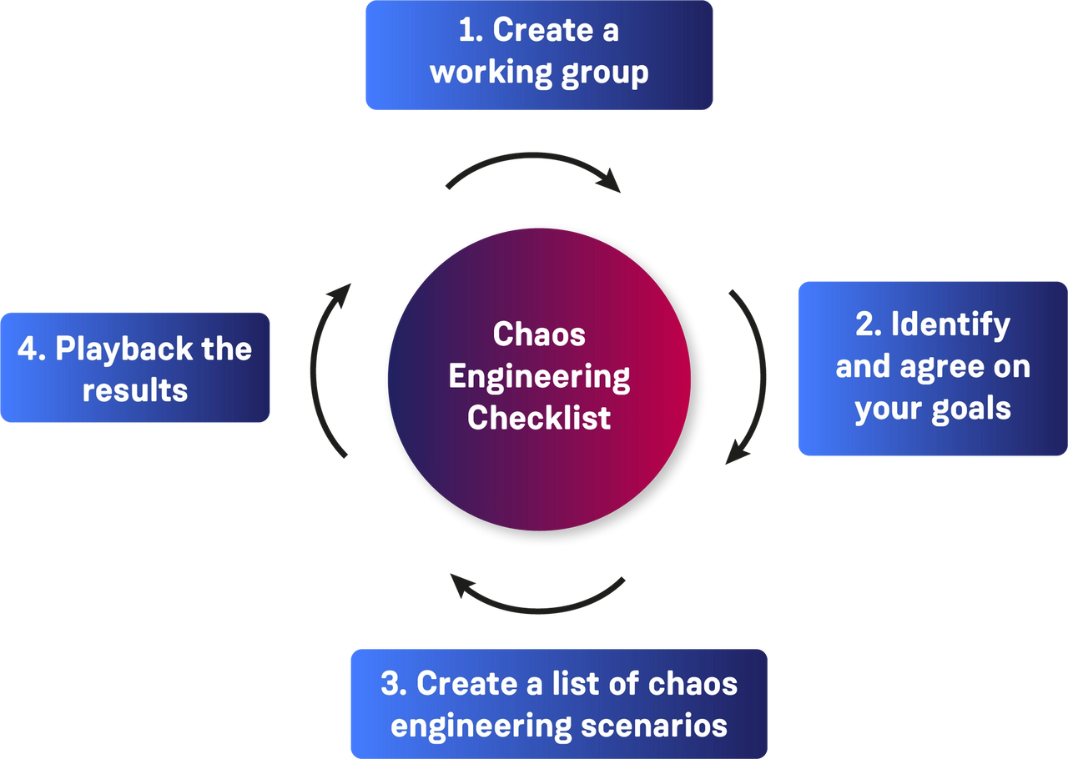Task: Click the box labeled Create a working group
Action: pos(539,56)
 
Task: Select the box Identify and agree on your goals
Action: pos(931,368)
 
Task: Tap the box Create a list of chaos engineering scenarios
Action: pos(559,702)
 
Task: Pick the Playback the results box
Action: pos(136,368)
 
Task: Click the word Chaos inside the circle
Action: pos(539,334)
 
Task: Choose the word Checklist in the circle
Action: pos(539,416)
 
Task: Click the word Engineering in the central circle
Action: pos(539,377)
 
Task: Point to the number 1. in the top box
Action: pos(471,30)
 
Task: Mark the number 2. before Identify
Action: pos(869,324)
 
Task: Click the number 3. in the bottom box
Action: pos(394,683)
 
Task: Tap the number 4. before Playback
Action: pos(32,349)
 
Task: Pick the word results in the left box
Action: pos(135,390)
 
